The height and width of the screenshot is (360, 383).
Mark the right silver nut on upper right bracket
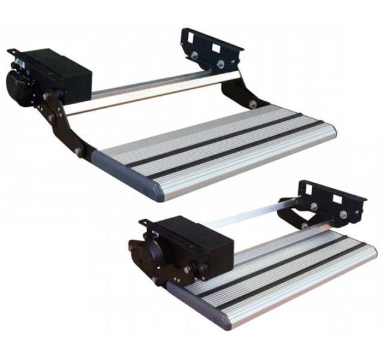(x=221, y=63)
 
